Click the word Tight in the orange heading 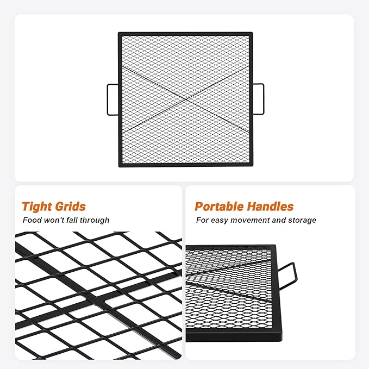36,207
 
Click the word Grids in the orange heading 70,207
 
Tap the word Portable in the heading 219,207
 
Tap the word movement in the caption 250,220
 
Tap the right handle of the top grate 259,99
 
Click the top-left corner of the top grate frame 120,33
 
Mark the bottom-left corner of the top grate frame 120,166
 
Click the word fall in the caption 70,220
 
